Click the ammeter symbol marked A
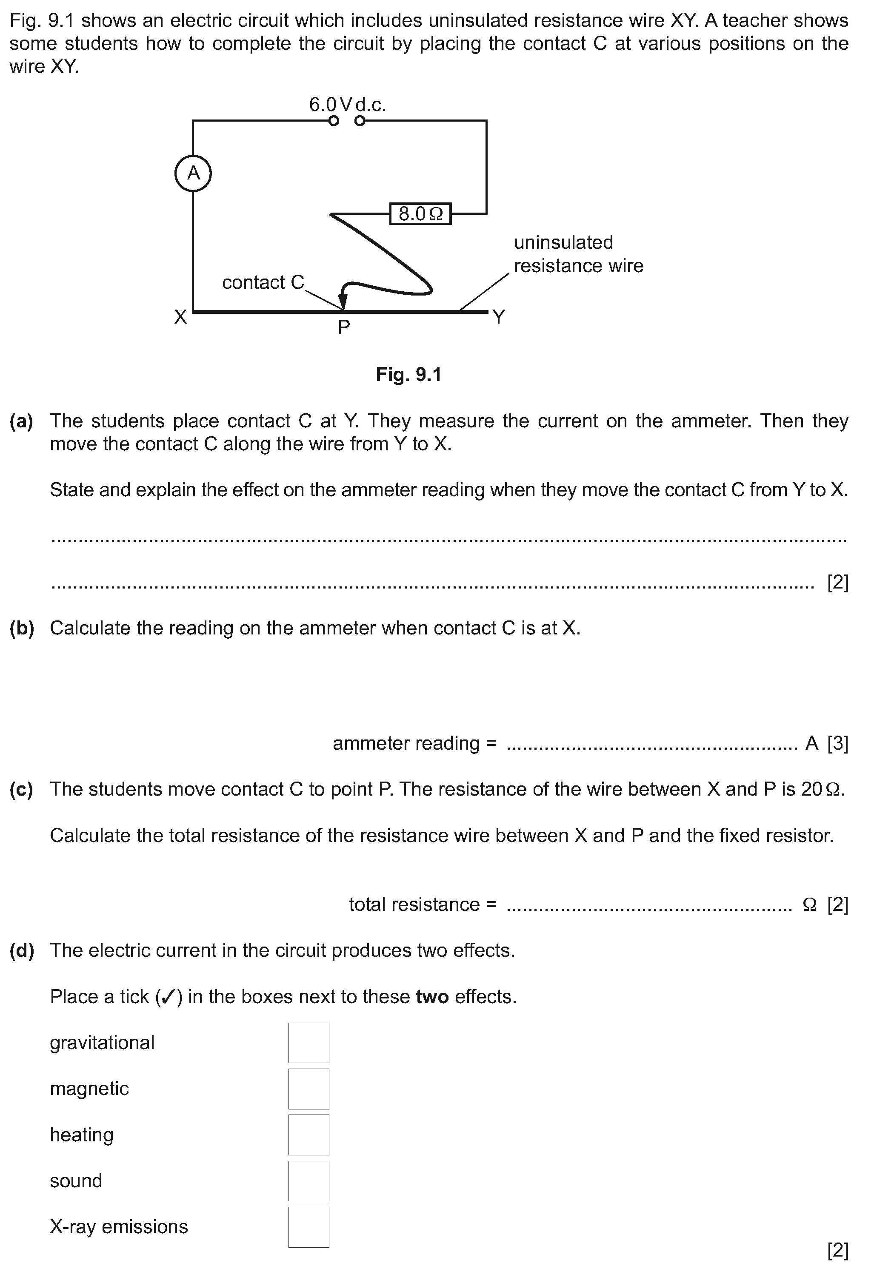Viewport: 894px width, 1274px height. (193, 173)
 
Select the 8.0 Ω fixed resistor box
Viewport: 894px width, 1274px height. (420, 213)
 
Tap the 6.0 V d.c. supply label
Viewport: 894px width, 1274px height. (347, 104)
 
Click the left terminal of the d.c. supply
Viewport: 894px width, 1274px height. (333, 121)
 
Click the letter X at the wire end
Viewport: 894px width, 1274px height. (180, 317)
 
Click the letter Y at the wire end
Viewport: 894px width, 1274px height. (499, 317)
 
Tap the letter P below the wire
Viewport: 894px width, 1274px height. (344, 328)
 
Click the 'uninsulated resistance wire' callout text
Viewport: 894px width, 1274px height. (578, 254)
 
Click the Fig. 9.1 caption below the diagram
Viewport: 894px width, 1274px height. (408, 375)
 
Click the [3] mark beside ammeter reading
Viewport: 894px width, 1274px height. (837, 743)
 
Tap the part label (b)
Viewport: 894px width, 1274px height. (22, 628)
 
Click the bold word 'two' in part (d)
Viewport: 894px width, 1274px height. (432, 997)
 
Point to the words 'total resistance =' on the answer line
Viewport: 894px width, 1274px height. (422, 904)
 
